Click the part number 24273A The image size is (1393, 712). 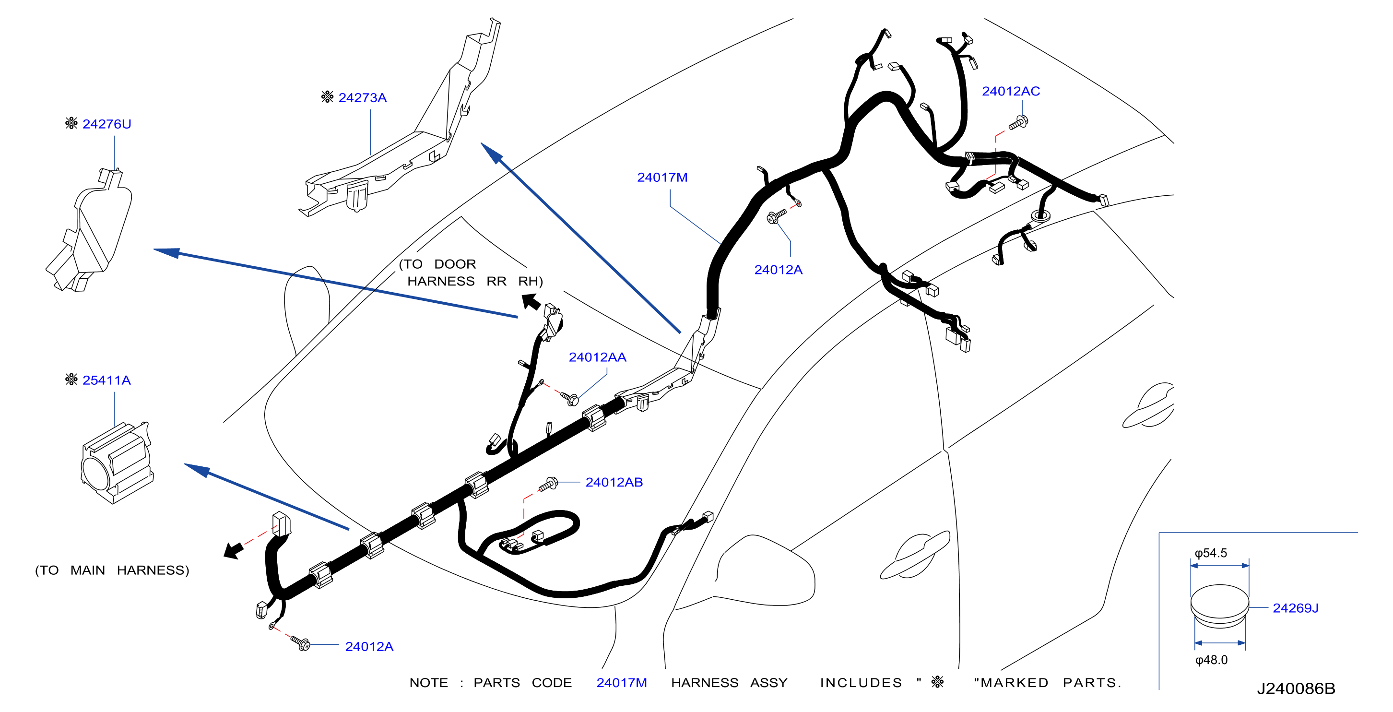362,98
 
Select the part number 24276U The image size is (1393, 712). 106,124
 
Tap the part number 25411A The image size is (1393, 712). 106,380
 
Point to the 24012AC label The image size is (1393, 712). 1011,91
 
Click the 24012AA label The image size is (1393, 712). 598,357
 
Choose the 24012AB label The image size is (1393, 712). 614,482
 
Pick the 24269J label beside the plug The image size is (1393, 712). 1296,608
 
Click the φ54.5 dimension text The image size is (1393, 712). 1211,553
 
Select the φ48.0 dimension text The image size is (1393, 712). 1211,660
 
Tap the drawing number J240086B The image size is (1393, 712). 1296,689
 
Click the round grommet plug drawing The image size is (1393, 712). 1220,606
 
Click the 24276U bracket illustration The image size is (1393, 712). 89,230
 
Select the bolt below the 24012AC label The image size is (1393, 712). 1018,123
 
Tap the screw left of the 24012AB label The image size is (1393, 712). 548,484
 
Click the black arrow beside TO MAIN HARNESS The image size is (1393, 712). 234,551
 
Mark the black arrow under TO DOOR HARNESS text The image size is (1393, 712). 531,302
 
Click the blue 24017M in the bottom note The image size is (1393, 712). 622,683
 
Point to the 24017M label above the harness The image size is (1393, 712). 662,178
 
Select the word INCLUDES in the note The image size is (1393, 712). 861,683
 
